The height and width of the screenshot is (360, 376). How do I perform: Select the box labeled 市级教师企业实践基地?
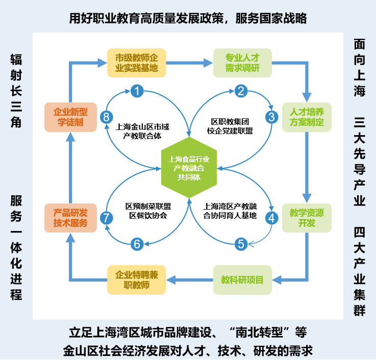(x=137, y=63)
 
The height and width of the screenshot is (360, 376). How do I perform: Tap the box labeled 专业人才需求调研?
(x=242, y=63)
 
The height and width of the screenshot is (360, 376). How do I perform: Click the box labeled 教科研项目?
(x=242, y=280)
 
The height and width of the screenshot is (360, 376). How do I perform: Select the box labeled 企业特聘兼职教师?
(x=137, y=280)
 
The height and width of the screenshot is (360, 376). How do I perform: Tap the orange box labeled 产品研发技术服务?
(x=70, y=218)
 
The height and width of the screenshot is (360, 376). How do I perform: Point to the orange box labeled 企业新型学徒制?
(x=70, y=117)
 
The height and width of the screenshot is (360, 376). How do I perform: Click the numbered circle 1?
(x=137, y=91)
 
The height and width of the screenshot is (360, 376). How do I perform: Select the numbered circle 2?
(x=241, y=91)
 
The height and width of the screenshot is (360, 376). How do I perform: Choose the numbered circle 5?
(x=241, y=244)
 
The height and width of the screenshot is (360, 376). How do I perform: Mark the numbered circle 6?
(x=137, y=244)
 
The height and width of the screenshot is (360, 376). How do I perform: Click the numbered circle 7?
(x=106, y=218)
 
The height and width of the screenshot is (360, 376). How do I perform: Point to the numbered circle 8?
(x=106, y=117)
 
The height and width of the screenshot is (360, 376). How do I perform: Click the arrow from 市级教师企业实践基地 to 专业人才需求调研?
(x=189, y=63)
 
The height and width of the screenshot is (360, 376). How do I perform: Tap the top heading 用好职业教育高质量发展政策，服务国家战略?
(x=188, y=19)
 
